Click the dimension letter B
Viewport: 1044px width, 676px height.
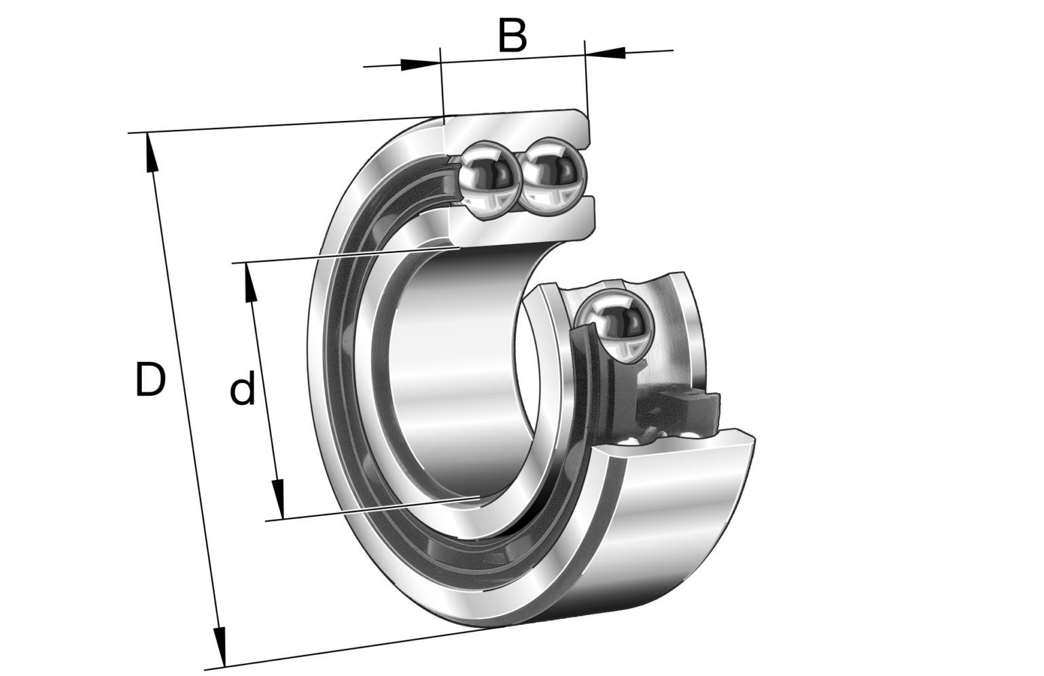click(x=512, y=36)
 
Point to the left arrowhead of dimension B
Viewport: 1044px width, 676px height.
click(x=420, y=65)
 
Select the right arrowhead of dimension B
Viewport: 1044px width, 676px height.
click(x=605, y=52)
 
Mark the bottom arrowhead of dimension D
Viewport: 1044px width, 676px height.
click(x=220, y=647)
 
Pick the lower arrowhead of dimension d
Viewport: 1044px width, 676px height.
click(x=278, y=499)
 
